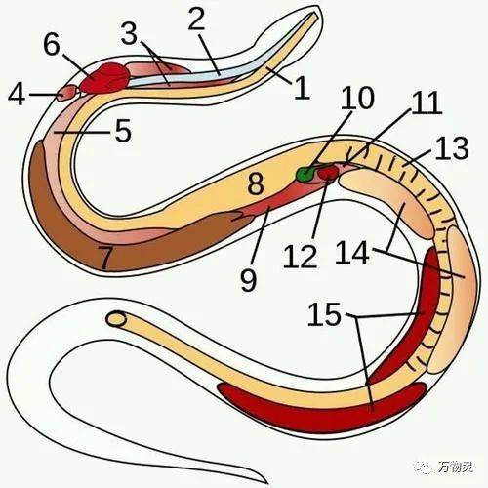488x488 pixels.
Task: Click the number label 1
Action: [x=302, y=88]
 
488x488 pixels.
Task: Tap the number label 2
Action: [x=197, y=20]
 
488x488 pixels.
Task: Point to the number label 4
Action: [x=17, y=95]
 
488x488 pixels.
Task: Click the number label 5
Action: [x=123, y=131]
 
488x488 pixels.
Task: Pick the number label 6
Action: [x=52, y=44]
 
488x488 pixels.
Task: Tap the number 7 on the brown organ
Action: [x=106, y=258]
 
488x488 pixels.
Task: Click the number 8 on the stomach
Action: [x=256, y=183]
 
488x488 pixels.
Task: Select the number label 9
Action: [x=249, y=279]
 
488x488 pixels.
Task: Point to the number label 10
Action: [x=357, y=98]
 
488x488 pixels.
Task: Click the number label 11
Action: [x=427, y=102]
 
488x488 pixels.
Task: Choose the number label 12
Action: [x=301, y=256]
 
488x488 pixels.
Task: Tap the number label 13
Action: [x=452, y=148]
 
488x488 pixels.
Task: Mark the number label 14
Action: [x=353, y=252]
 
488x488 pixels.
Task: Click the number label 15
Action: [x=324, y=314]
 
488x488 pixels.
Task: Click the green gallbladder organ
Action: [x=305, y=174]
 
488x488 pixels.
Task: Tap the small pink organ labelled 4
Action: [x=67, y=94]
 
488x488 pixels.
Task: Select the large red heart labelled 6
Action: [x=104, y=78]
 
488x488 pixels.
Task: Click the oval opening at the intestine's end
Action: [x=116, y=319]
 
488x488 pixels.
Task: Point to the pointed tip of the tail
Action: [x=267, y=483]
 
